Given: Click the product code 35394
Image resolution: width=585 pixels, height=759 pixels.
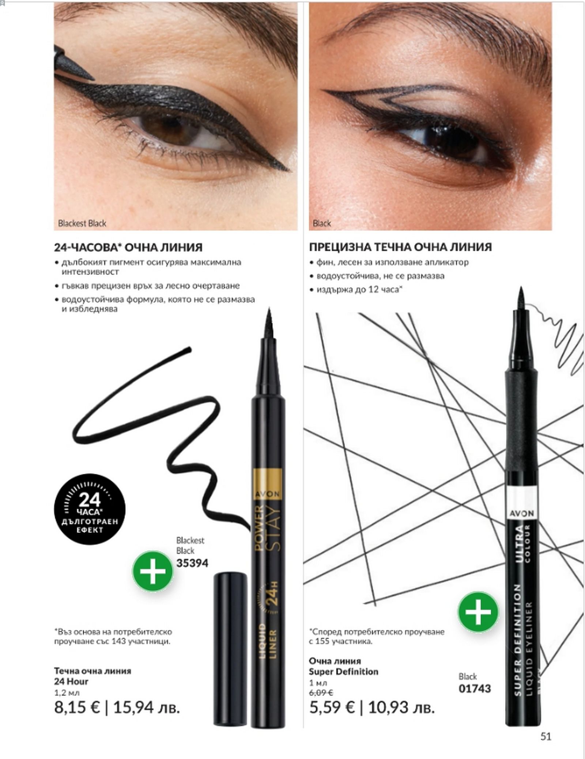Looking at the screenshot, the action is (192, 563).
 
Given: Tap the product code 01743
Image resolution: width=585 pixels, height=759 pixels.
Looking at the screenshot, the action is (475, 689).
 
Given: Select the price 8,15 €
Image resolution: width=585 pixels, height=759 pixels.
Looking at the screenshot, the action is (77, 707).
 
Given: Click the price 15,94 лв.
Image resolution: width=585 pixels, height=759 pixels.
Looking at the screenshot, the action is (146, 707).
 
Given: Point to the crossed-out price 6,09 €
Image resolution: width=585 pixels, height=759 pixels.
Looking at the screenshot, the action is (321, 692).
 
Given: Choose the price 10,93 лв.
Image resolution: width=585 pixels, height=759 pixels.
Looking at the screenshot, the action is (401, 707).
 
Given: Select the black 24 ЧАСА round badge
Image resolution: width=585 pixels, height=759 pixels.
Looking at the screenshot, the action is (90, 509).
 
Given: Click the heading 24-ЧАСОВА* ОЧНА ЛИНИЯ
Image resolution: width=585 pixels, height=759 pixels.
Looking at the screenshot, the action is (128, 247).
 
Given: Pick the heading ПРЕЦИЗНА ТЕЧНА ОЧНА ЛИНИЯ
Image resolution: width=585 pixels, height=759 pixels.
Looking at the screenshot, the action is (400, 247).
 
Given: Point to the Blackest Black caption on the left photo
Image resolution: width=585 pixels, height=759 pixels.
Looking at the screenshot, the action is (82, 223).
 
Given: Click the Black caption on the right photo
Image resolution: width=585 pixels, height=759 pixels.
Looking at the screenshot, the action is (322, 223).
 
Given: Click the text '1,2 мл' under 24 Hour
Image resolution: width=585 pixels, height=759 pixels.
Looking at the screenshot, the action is (67, 692).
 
